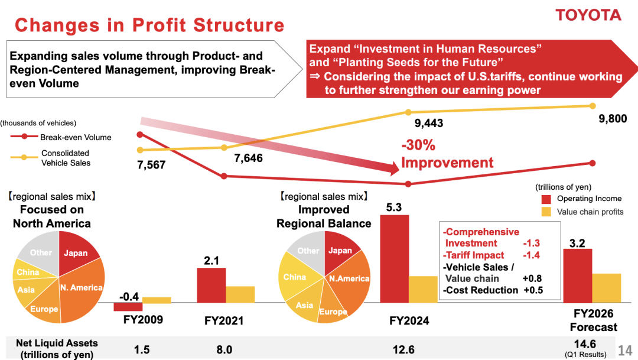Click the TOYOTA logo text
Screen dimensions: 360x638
588,15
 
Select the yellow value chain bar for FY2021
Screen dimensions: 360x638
240,294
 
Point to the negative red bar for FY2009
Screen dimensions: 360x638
128,307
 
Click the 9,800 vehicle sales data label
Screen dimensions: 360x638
613,119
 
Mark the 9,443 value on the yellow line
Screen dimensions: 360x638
429,124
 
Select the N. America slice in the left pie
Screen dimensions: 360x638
82,288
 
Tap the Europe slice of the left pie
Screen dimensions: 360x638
45,309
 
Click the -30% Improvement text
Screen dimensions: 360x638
447,154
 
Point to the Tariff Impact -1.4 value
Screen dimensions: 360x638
532,255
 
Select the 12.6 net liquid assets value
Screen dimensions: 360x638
403,349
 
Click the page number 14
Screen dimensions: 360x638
625,351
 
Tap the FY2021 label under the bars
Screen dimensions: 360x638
224,321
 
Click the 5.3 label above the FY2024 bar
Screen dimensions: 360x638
395,207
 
